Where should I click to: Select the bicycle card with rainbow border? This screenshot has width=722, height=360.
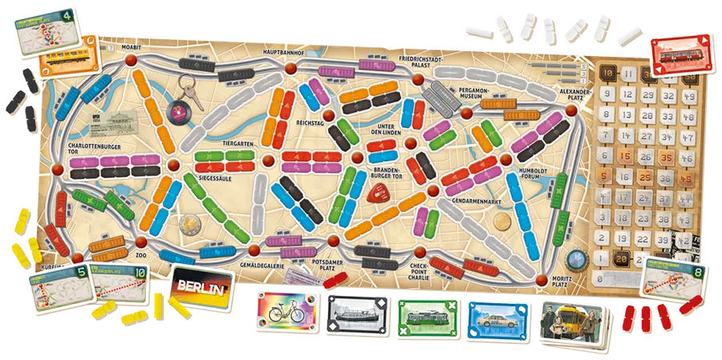click(288, 313)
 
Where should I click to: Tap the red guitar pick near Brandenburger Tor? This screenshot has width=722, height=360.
click(376, 193)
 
